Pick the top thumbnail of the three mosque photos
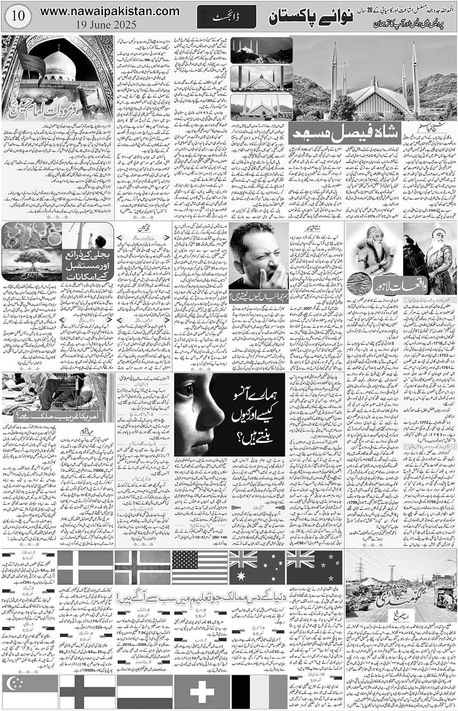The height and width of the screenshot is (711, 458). [x=262, y=49]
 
